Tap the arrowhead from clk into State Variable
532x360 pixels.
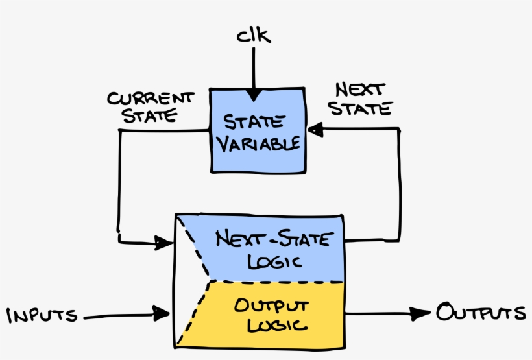[x=253, y=95]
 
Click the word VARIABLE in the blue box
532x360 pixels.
[x=258, y=143]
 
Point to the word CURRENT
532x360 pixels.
[x=150, y=99]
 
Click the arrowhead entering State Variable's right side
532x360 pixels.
[x=315, y=130]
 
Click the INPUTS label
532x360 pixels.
[x=42, y=316]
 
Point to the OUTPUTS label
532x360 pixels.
[x=480, y=313]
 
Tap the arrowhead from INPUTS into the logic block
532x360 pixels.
[x=162, y=315]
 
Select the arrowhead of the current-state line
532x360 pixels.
[x=162, y=243]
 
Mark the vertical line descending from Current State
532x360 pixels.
[x=119, y=185]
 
